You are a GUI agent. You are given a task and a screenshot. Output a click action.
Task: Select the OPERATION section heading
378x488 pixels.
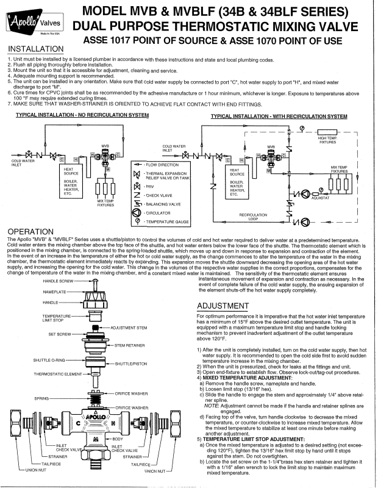[x=30, y=232]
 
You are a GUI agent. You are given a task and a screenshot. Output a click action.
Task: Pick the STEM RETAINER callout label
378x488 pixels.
[x=132, y=345]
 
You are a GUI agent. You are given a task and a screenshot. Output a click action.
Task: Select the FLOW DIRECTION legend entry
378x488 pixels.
[x=161, y=165]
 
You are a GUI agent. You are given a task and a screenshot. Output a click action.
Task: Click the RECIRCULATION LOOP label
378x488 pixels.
[x=253, y=217]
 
